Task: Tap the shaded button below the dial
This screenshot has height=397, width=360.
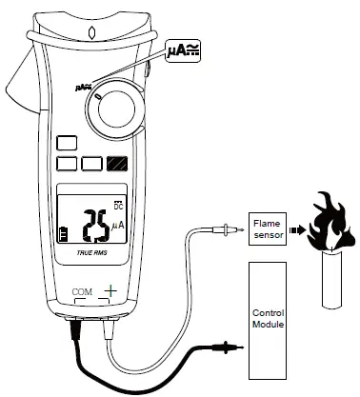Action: pyautogui.click(x=118, y=164)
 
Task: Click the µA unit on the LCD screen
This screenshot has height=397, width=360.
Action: pyautogui.click(x=118, y=225)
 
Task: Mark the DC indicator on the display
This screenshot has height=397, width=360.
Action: pyautogui.click(x=119, y=203)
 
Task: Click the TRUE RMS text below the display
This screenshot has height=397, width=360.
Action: pyautogui.click(x=91, y=255)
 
